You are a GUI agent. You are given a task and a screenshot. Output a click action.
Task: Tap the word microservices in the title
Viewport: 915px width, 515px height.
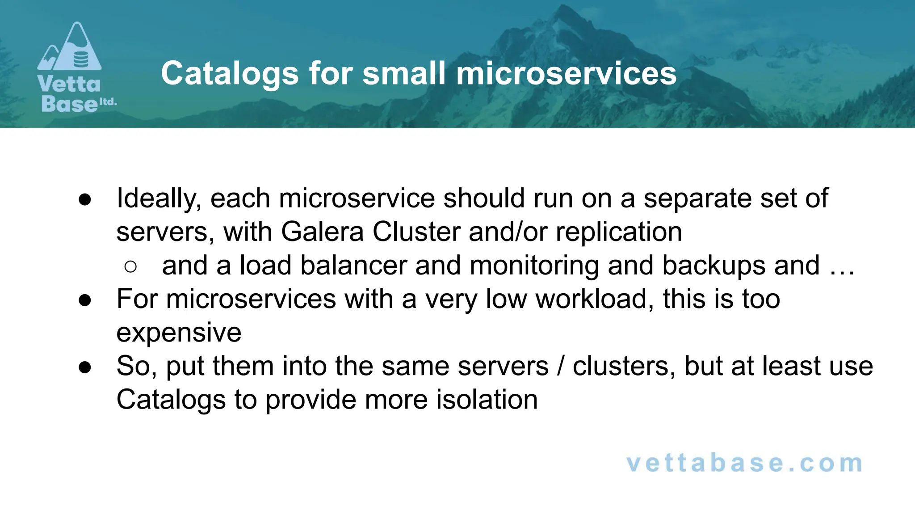pos(566,74)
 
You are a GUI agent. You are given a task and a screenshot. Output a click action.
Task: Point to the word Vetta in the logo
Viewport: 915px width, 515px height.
pos(69,84)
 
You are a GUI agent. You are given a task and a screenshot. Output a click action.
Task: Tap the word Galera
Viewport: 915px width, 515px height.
pos(322,232)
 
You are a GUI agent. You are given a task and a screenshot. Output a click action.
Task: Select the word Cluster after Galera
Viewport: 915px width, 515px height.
pos(416,232)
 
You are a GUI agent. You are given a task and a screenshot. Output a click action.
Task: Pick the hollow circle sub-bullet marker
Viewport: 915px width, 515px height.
pos(130,267)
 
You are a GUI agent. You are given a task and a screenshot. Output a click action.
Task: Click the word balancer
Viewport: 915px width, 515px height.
pos(353,266)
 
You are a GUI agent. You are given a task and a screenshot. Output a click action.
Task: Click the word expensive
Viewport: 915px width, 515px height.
pos(179,333)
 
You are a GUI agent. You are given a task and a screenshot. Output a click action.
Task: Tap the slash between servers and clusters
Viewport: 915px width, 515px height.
pos(561,366)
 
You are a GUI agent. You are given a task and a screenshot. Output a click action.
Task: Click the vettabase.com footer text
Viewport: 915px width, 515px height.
pos(744,463)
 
